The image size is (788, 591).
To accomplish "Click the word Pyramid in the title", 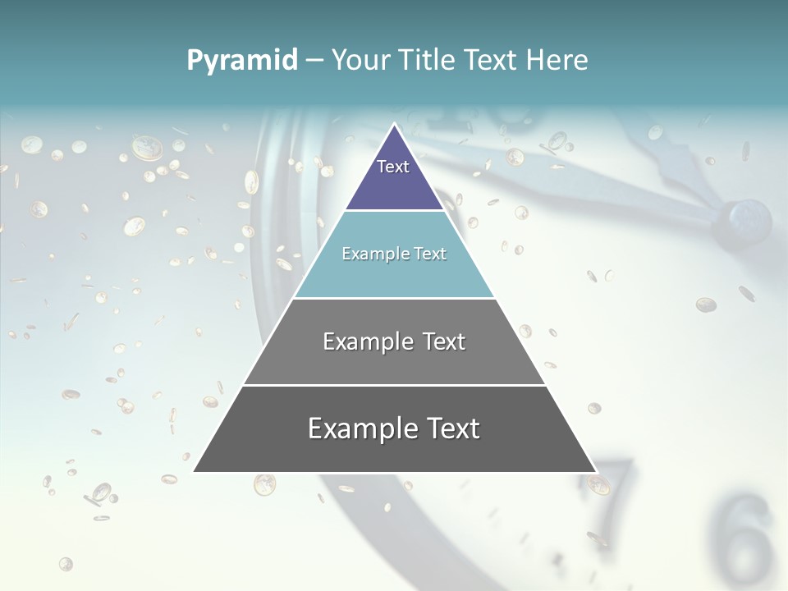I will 242,61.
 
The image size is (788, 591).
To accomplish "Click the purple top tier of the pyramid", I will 394,181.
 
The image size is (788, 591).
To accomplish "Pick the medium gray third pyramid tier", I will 394,361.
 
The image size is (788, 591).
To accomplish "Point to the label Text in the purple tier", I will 393,167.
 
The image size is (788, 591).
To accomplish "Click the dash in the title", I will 314,61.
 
